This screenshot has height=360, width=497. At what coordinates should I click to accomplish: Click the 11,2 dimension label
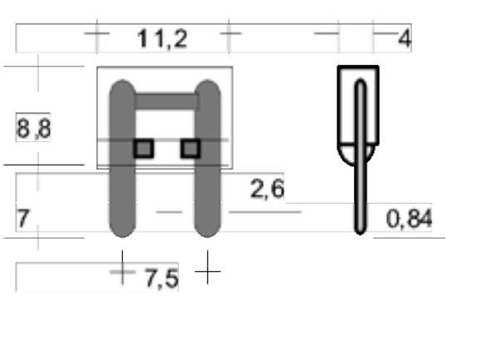pos(163,38)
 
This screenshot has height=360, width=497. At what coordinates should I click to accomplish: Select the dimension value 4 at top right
pos(404,38)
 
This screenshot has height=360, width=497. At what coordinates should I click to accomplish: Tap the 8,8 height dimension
pos(33,130)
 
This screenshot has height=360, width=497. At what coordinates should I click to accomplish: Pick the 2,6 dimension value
pos(267,189)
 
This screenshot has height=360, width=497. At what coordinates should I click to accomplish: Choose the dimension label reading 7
pos(23,219)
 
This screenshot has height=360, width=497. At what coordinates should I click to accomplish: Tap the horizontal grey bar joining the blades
pos(165,101)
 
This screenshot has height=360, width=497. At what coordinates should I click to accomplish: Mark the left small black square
pos(144,148)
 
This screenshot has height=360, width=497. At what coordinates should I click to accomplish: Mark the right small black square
pos(190,148)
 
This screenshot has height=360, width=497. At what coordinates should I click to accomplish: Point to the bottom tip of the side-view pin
pos(359,229)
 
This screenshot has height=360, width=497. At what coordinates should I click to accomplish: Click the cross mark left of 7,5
pos(122,271)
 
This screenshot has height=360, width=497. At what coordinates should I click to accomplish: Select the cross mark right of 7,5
pos(208,271)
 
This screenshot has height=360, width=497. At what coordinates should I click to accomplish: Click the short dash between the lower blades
pos(169,212)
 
